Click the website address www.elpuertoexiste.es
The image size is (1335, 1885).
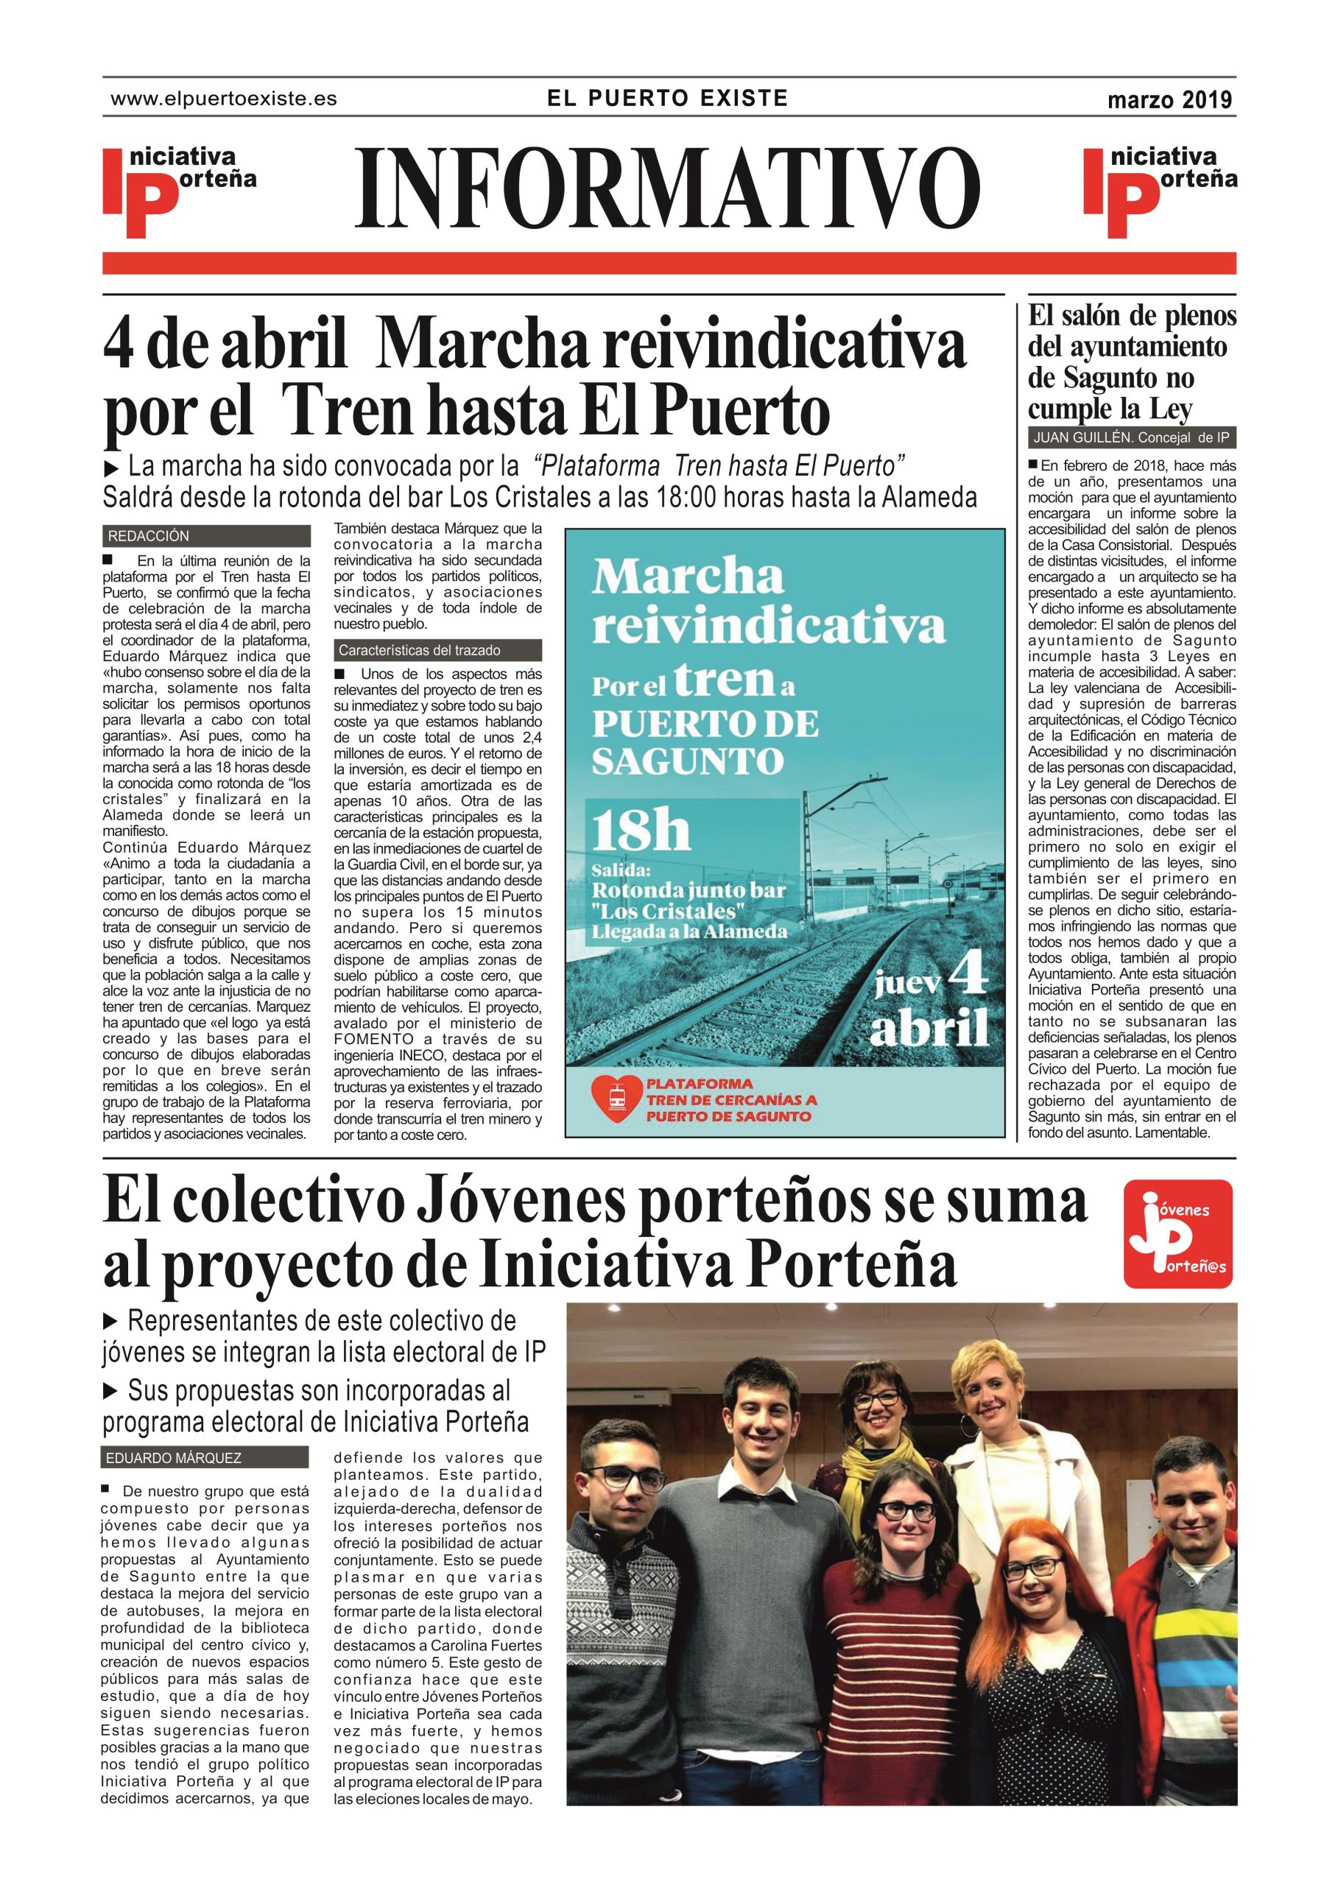point(224,99)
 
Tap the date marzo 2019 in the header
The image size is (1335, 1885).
point(1169,100)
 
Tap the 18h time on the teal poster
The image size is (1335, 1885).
point(641,832)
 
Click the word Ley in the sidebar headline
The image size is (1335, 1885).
point(1169,409)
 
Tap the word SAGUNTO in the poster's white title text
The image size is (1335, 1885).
point(687,761)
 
